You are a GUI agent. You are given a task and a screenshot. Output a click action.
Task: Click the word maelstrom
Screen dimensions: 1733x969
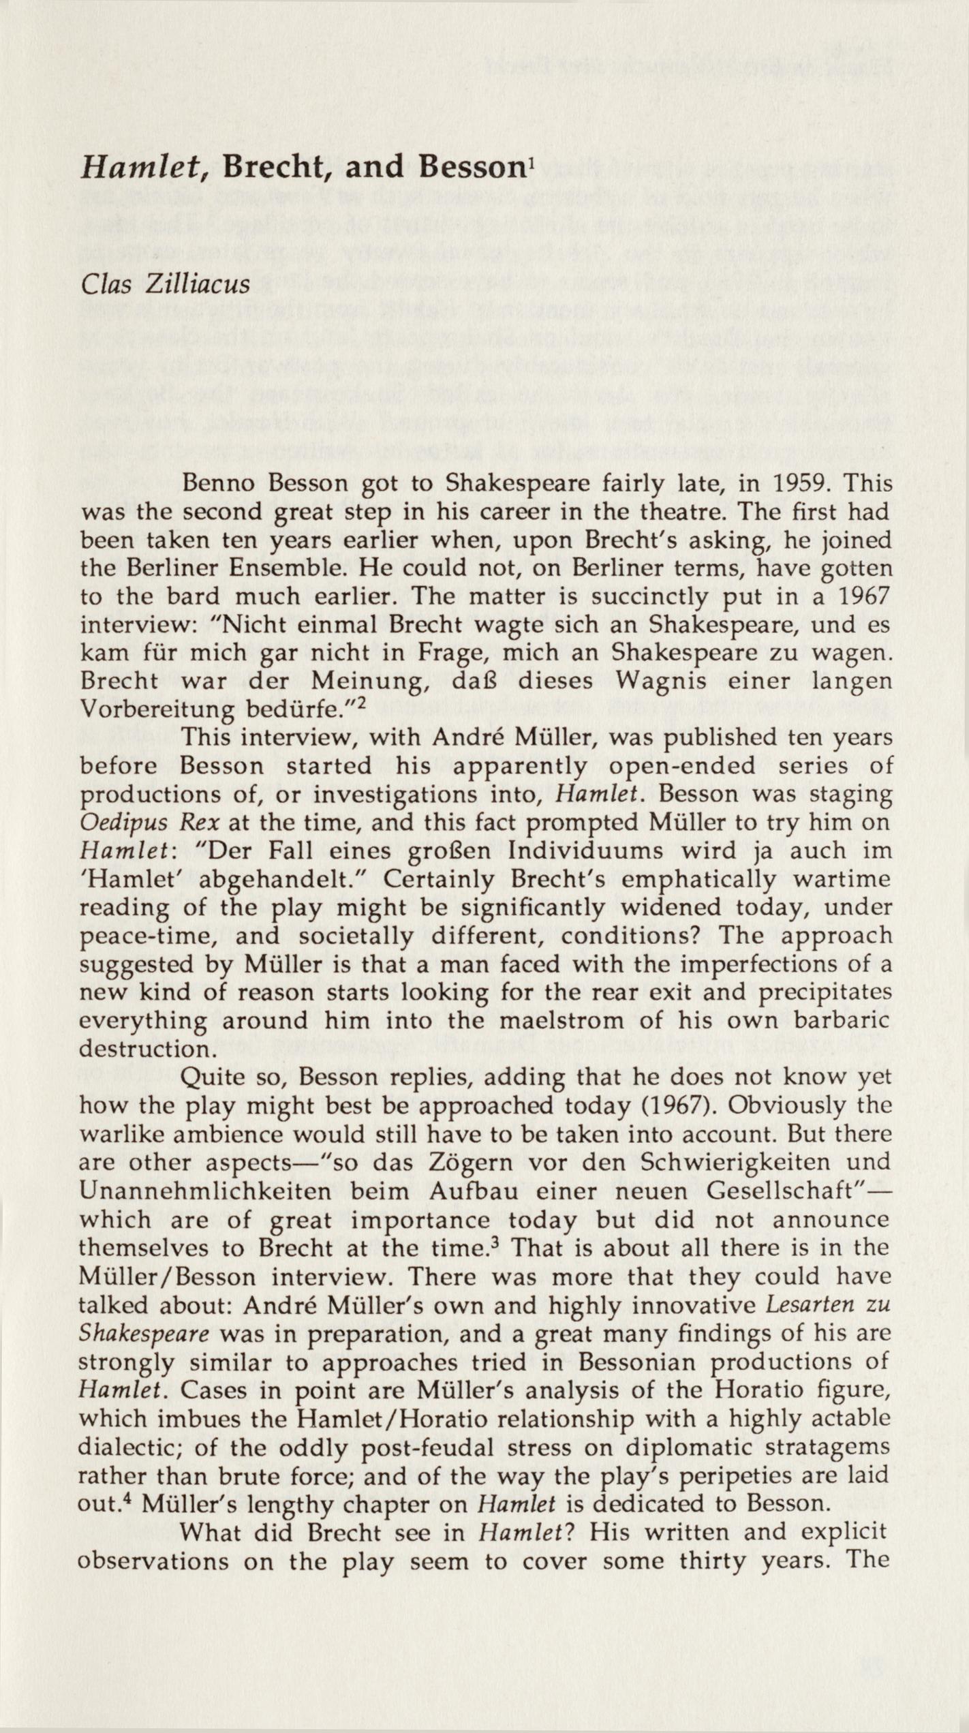point(564,1020)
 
